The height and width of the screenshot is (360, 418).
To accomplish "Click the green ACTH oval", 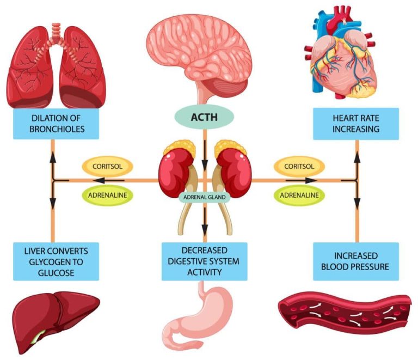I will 204,117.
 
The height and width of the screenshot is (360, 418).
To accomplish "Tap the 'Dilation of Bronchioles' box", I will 52,123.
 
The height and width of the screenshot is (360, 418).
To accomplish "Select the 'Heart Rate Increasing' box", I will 355,123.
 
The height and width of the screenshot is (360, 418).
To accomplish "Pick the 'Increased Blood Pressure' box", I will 355,261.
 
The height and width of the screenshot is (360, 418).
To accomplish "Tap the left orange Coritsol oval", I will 107,166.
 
